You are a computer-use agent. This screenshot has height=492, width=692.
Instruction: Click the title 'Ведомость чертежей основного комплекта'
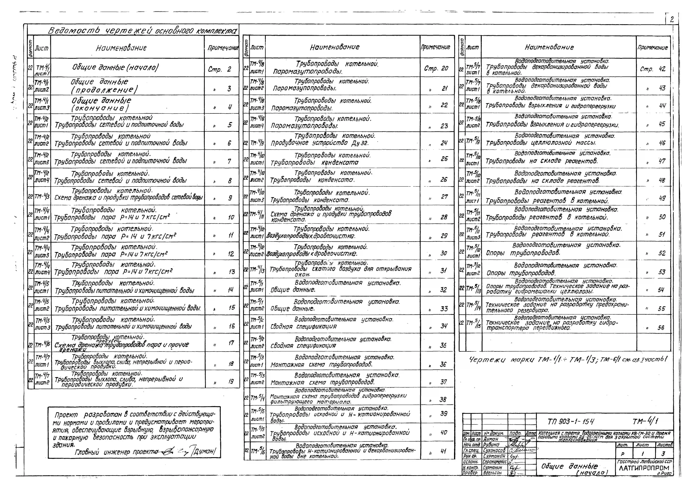click(142, 31)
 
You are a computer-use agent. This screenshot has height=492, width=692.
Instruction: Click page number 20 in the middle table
click(444, 69)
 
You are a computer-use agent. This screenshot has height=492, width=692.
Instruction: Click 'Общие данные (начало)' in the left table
click(115, 67)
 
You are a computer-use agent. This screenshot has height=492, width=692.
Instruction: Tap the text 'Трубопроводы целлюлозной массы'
click(541, 143)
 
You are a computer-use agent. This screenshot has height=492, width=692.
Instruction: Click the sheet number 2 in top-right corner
click(672, 20)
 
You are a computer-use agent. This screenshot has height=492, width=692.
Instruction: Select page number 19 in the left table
click(231, 381)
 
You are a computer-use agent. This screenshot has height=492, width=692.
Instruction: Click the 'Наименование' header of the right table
click(549, 47)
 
